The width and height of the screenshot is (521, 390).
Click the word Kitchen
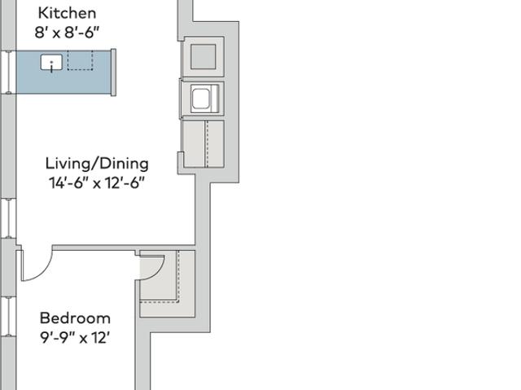pyautogui.click(x=67, y=13)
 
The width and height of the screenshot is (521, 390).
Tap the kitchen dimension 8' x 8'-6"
pyautogui.click(x=67, y=33)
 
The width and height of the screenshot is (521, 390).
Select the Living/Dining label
pyautogui.click(x=97, y=164)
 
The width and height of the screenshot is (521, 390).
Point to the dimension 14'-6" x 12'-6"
pyautogui.click(x=97, y=182)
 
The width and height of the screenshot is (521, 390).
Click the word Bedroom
pyautogui.click(x=75, y=318)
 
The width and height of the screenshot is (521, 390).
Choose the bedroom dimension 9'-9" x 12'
pyautogui.click(x=75, y=338)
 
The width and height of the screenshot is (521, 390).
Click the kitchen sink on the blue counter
pyautogui.click(x=51, y=63)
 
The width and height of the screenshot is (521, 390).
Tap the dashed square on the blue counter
pyautogui.click(x=80, y=60)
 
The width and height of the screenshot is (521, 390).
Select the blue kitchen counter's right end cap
pyautogui.click(x=113, y=72)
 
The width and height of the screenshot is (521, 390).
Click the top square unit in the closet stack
pyautogui.click(x=204, y=57)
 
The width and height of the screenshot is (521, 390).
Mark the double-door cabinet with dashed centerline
pyautogui.click(x=204, y=143)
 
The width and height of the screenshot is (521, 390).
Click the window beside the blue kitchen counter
pyautogui.click(x=8, y=72)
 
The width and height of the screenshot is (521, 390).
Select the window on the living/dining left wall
pyautogui.click(x=8, y=218)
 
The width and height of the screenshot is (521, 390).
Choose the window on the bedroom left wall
pyautogui.click(x=8, y=316)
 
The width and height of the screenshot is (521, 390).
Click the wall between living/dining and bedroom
pyautogui.click(x=124, y=248)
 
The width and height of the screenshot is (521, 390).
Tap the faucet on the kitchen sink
pyautogui.click(x=51, y=67)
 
